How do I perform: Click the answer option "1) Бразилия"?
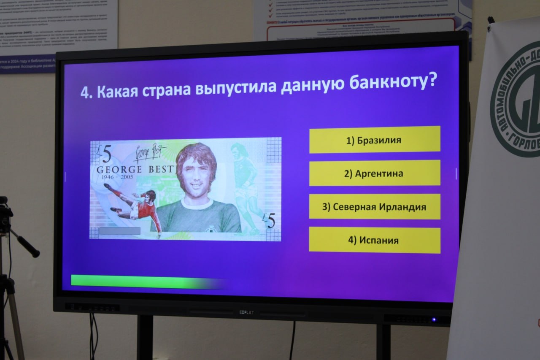click(374, 140)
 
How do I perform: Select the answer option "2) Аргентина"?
click(374, 173)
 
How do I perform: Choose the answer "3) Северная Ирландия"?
click(374, 207)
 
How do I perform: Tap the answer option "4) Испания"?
click(374, 240)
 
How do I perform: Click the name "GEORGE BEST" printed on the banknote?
click(135, 170)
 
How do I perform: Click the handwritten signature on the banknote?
click(148, 153)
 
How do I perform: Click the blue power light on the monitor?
click(433, 319)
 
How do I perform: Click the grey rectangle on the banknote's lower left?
click(119, 231)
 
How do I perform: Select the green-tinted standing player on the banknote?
click(245, 186)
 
